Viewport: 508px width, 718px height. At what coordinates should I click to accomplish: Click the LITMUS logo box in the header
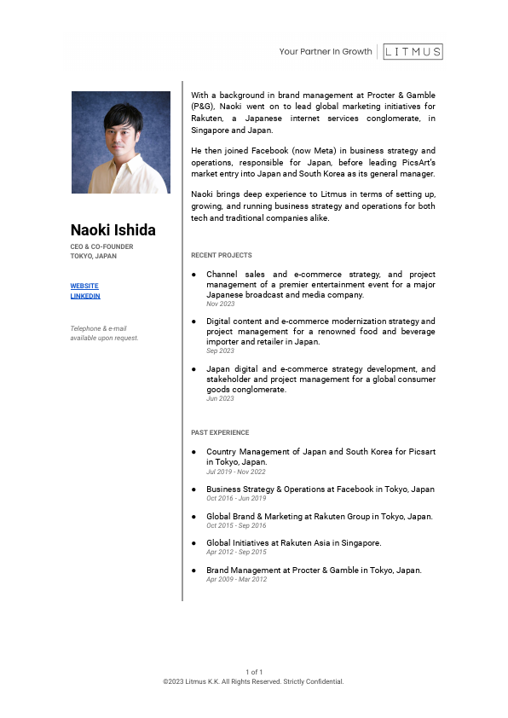pos(413,51)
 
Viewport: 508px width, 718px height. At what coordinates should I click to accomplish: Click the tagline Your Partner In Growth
pos(326,52)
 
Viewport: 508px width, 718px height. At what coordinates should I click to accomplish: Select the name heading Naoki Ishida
pos(113,230)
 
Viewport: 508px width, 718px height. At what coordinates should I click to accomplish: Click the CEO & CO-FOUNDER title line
pos(101,247)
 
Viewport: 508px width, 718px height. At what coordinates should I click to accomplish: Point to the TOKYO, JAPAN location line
pos(94,256)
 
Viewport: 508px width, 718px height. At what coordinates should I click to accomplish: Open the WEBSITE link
pos(84,286)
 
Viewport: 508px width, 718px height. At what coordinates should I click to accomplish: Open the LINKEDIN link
pos(85,296)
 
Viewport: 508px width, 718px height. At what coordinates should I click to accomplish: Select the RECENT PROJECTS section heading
pos(222,255)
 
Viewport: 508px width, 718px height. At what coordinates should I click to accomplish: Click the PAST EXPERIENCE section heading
pos(220,432)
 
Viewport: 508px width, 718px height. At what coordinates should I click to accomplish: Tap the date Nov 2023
pos(220,304)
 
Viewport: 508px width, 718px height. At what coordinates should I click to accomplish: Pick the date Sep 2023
pos(220,350)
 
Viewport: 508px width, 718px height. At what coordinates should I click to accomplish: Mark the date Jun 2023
pos(220,398)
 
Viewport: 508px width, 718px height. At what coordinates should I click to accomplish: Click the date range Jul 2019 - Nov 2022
pos(236,472)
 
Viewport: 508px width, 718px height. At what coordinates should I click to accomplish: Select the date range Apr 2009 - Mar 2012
pos(236,579)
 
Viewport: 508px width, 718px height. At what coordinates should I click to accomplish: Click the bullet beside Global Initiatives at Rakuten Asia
pos(194,543)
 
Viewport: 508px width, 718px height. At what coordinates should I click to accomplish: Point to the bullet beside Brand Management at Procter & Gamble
pos(194,570)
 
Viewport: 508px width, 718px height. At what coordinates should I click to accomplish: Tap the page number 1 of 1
pos(254,673)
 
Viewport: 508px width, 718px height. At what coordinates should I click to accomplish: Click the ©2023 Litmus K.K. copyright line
pos(253,681)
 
